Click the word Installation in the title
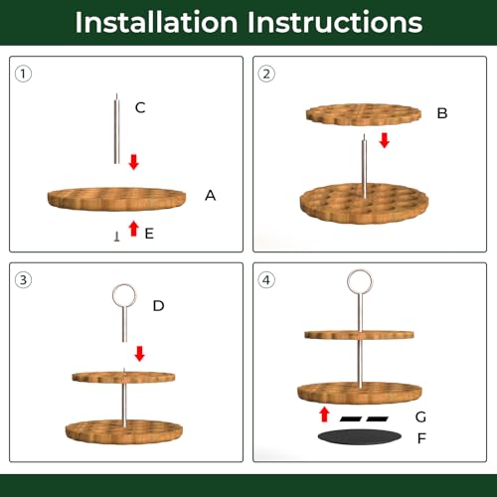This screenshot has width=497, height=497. pos(156,22)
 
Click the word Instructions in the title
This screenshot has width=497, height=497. pos(335,22)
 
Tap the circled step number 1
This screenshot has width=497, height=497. pos(23,74)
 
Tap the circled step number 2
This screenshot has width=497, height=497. pos(266,74)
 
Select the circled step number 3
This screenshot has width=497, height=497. pos(23,280)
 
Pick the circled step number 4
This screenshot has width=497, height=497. pos(266,280)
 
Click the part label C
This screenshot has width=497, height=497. pos(140,107)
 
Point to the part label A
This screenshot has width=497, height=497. pos(211,196)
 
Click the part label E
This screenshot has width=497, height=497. pos(149,234)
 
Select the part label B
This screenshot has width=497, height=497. pos(442,113)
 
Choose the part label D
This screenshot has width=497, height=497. pos(158,306)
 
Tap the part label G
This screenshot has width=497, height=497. pos(420,416)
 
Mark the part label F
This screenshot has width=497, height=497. pos(421,438)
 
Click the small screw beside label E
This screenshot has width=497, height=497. pos(116,237)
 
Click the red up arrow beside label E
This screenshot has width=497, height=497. pos(133,229)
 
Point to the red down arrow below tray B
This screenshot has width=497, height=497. pos(385,140)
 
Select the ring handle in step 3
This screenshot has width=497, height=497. pos(124,295)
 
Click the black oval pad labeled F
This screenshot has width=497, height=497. pos(360,437)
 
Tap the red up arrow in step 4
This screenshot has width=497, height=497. pos(325,414)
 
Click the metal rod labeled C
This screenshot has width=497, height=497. pos(116,128)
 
